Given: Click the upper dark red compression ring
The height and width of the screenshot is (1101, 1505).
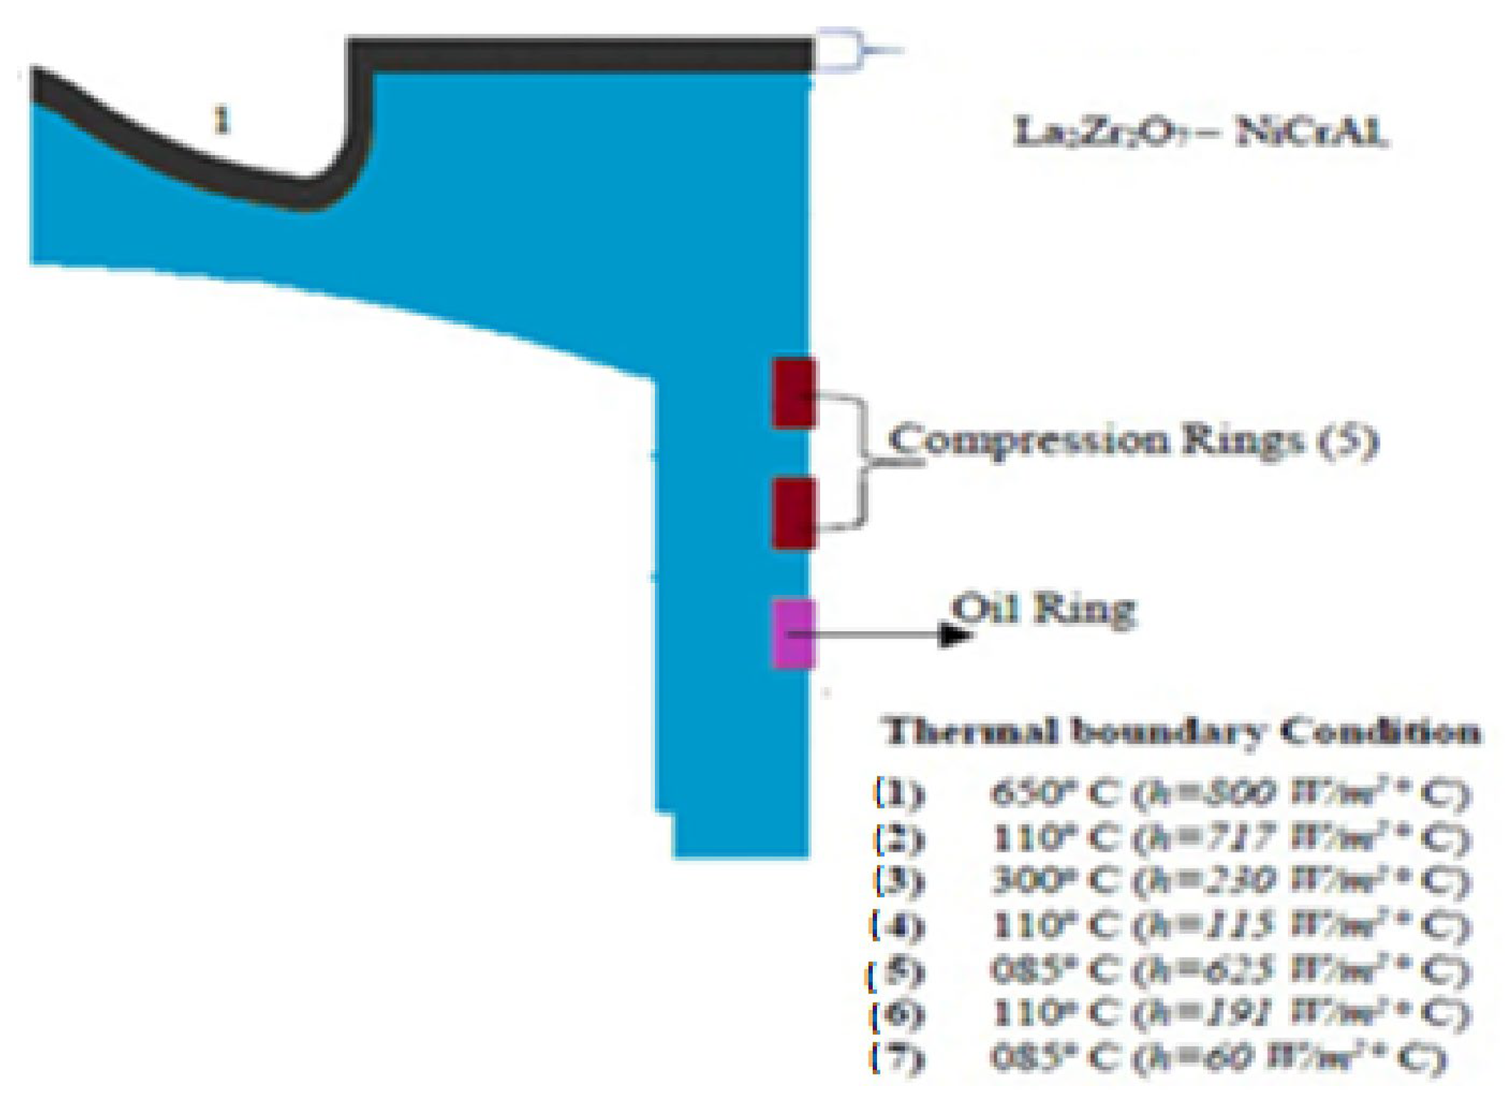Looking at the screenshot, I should click(x=794, y=394).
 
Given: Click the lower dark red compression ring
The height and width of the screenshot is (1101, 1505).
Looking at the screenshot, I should click(x=794, y=513).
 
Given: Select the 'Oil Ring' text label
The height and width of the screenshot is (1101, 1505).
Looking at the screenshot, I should click(x=1044, y=610).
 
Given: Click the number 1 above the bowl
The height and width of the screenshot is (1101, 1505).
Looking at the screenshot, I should click(x=223, y=122).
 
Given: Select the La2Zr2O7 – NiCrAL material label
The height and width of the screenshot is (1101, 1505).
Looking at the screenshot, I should click(x=1200, y=133).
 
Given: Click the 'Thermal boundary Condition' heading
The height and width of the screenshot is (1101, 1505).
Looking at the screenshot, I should click(x=1182, y=732).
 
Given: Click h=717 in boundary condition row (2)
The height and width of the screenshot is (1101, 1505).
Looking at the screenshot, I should click(x=1203, y=838).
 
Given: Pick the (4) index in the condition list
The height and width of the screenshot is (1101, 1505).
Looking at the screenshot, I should click(x=898, y=926).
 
